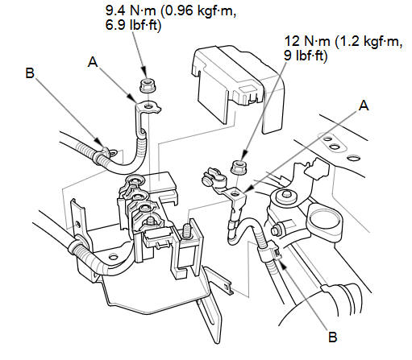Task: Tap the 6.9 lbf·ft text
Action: coord(133,26)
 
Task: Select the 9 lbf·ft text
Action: coord(306,56)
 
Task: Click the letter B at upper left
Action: coord(30,73)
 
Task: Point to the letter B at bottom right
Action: coord(333,337)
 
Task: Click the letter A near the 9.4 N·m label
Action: coord(93,62)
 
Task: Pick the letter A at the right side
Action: coord(364,106)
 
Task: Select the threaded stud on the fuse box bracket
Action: coord(188,230)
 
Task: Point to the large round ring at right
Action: coord(326,222)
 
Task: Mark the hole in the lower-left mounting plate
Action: coord(114,257)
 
